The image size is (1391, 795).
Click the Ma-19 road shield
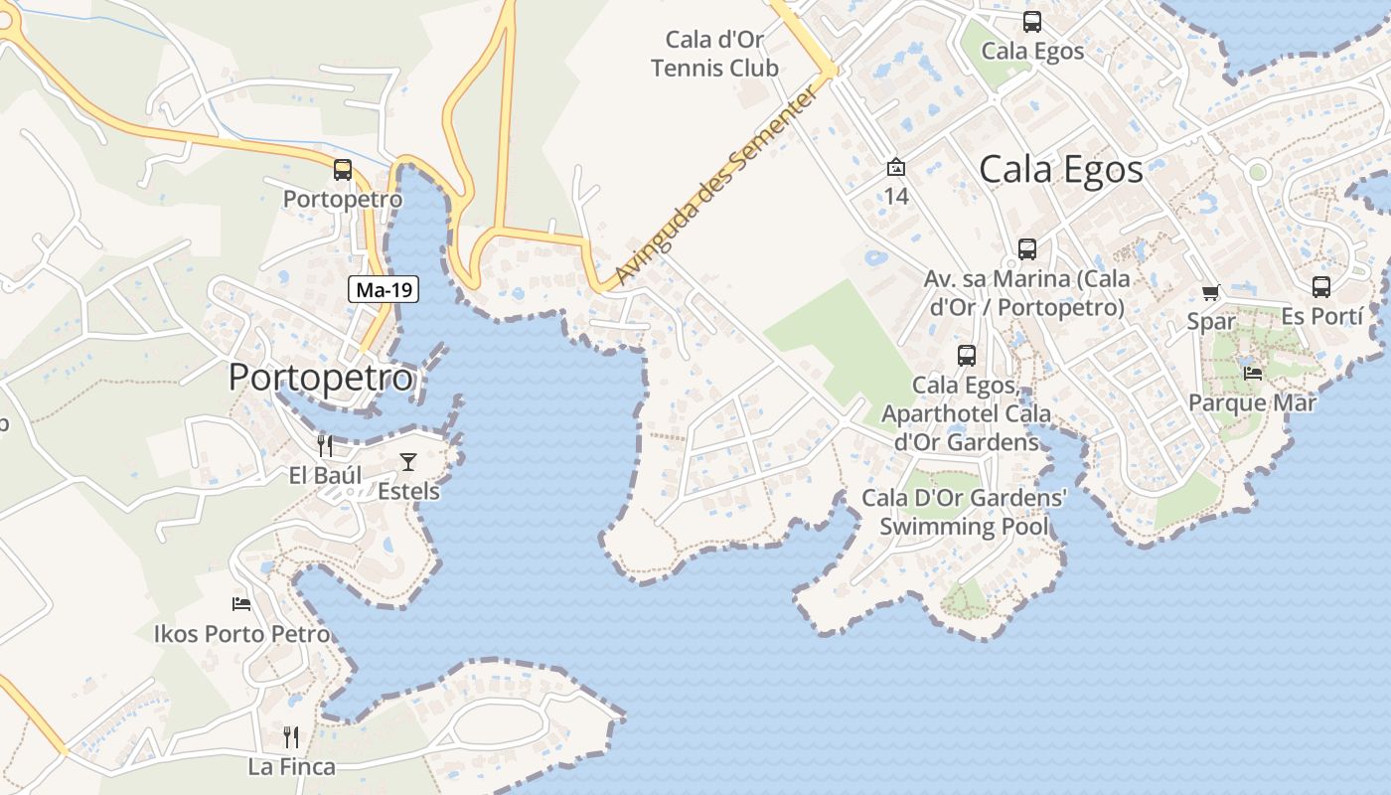(384, 290)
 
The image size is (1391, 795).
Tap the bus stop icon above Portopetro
(343, 170)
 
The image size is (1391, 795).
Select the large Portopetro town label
(320, 378)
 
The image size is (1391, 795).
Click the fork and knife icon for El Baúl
(325, 445)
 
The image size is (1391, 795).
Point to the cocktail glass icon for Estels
(408, 461)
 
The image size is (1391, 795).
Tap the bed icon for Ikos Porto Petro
(241, 603)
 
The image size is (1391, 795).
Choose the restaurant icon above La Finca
(291, 736)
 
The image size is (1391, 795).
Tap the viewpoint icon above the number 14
(896, 167)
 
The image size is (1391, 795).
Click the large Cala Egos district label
(1061, 169)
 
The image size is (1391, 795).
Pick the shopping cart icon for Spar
(1210, 292)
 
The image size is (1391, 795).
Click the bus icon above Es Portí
(1320, 287)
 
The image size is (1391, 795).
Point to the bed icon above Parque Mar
(1253, 374)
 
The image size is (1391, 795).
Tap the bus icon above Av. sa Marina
(1027, 249)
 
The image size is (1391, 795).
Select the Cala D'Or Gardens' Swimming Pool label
(964, 512)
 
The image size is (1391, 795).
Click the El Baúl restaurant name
(325, 475)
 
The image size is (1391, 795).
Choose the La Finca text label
(291, 767)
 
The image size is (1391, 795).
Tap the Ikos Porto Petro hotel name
(241, 633)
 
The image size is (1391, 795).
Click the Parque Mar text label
(1252, 402)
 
